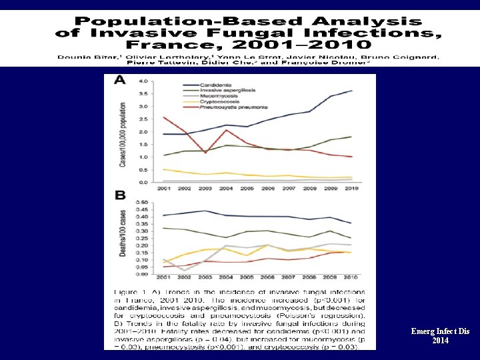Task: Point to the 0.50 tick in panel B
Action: click(x=142, y=201)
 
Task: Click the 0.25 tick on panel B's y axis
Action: click(x=142, y=238)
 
